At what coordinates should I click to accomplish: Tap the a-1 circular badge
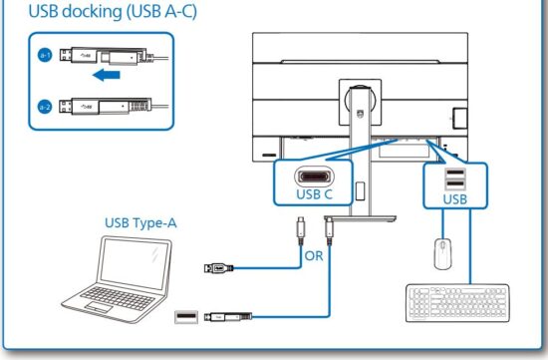pos(45,54)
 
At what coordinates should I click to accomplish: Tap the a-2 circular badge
pos(45,105)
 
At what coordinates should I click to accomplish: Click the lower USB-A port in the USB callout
pos(454,185)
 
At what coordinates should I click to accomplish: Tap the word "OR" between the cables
pos(314,254)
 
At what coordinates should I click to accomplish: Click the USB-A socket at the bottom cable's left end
pos(185,317)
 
